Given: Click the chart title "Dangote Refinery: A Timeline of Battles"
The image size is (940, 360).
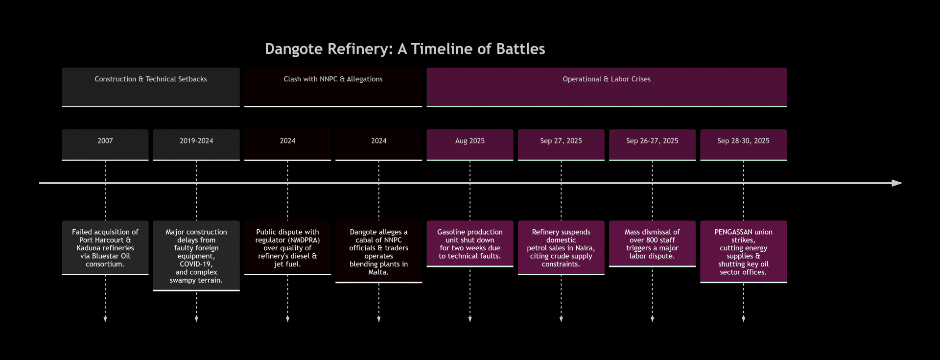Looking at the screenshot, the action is [405, 49].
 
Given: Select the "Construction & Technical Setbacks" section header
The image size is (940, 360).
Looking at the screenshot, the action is [151, 87].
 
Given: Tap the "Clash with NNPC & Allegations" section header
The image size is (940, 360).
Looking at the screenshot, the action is [333, 87].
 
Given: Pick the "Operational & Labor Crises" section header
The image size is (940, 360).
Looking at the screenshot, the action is [607, 87].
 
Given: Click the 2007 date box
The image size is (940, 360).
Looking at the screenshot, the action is [105, 145].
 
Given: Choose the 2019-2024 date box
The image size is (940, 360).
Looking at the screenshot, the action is [196, 145].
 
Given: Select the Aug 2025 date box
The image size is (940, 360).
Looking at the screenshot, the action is [470, 145].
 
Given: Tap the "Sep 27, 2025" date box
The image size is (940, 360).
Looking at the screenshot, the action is [561, 145].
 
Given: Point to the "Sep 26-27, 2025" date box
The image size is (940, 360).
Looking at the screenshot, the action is [652, 145].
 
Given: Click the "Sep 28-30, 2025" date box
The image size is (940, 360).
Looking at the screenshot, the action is [743, 145].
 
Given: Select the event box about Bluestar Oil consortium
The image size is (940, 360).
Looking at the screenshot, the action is [105, 248].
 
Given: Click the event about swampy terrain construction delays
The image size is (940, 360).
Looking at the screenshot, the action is [196, 256].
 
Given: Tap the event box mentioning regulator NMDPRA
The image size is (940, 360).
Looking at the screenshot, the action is [287, 248].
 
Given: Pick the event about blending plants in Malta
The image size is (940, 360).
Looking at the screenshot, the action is [378, 252].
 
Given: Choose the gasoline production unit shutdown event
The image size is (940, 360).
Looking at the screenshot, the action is [470, 244].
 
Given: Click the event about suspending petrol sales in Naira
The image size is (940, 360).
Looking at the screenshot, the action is [561, 248].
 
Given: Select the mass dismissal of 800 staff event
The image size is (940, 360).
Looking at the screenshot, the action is [652, 244].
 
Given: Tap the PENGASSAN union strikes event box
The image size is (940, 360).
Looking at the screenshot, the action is [743, 252].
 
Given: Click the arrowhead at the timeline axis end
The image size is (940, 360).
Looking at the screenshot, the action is [897, 183].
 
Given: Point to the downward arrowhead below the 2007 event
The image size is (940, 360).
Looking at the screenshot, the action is [105, 319].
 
